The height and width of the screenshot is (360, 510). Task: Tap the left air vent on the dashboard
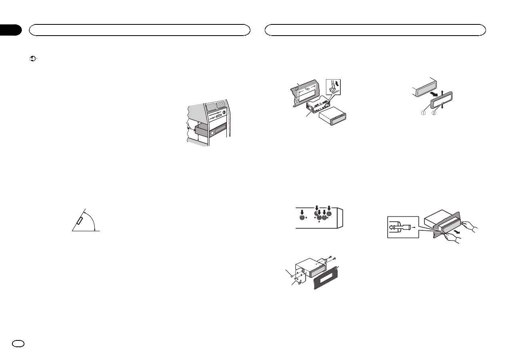211,106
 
